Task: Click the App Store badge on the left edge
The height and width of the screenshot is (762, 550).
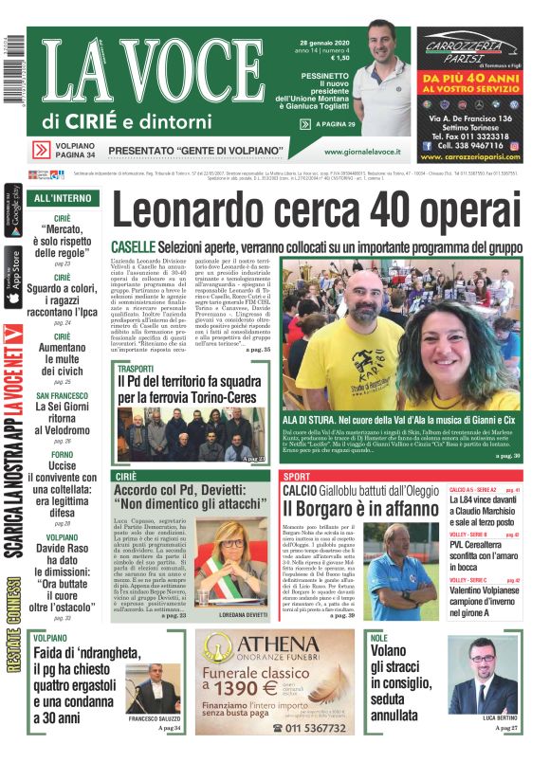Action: tap(12, 274)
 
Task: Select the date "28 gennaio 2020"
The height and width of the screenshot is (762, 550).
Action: tap(323, 42)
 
